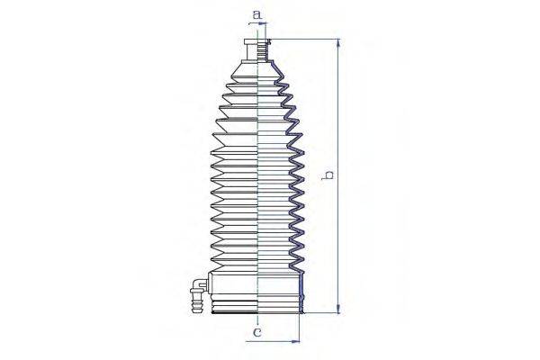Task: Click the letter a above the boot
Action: tap(256, 15)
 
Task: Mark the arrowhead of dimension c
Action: tap(292, 341)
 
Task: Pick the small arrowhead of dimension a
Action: tap(265, 27)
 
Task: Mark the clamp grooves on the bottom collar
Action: tap(234, 306)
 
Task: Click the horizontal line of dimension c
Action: tap(274, 341)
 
